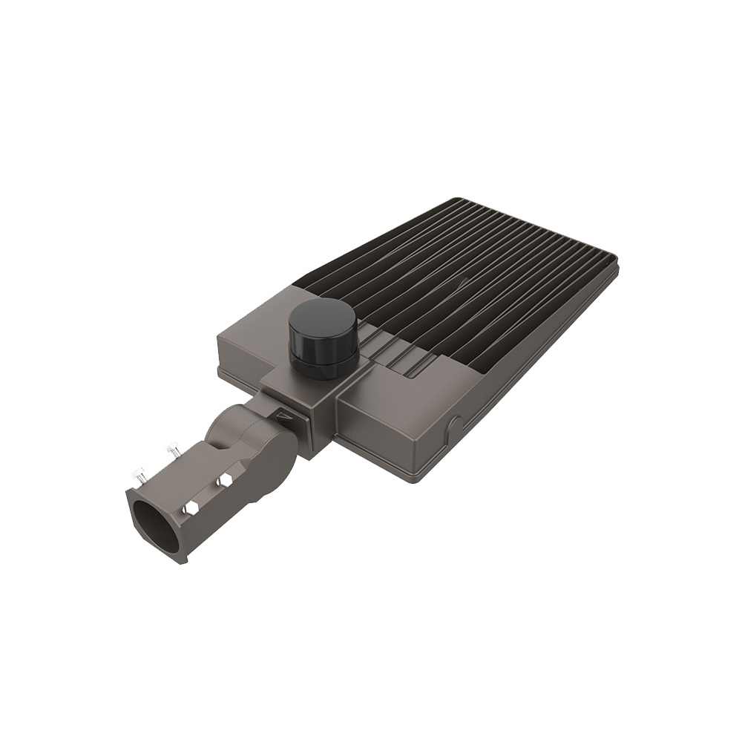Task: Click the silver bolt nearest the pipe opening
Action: pos(137,472)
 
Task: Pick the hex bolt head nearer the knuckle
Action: pos(223,484)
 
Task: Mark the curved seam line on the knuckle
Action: pos(230,438)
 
